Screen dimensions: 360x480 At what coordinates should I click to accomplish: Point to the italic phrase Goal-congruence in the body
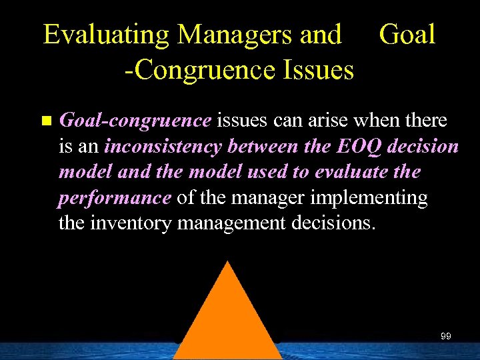point(135,121)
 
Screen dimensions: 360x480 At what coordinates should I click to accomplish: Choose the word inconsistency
point(164,147)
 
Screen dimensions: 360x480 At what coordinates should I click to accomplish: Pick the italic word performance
point(115,198)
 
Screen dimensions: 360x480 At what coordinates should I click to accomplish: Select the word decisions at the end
point(335,223)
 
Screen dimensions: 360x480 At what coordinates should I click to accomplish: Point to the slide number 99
point(446,336)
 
